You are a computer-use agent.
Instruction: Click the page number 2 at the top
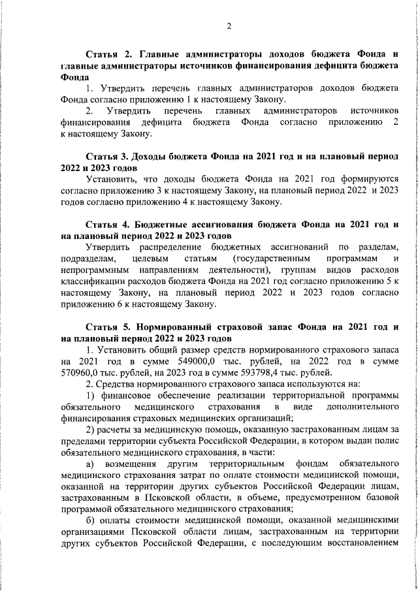click(x=229, y=26)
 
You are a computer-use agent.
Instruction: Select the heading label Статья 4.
click(x=109, y=223)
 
